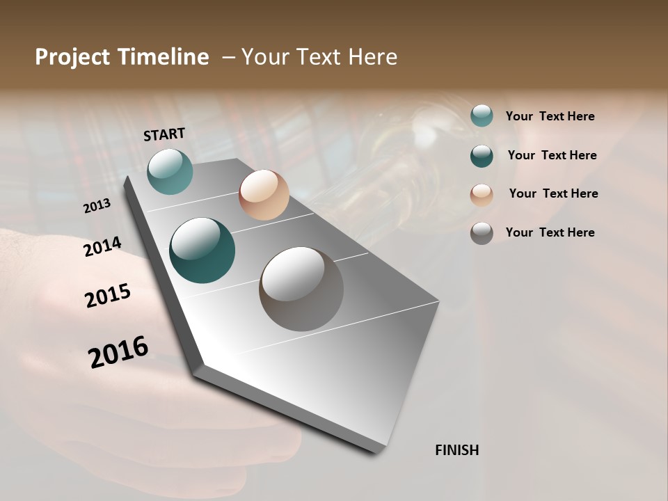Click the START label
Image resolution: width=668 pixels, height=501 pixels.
164,134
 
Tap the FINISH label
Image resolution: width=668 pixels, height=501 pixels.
456,450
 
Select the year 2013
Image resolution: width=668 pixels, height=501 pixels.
97,206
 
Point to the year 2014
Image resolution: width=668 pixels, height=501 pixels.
103,247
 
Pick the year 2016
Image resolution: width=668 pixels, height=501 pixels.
118,352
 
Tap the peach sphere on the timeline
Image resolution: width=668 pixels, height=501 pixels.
264,195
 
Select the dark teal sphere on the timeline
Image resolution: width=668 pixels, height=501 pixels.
202,250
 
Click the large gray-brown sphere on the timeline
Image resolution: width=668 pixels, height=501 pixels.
301,289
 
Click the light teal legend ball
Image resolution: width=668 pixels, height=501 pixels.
482,116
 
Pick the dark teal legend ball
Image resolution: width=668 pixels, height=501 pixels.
482,156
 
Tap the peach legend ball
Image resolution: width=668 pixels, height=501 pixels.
482,194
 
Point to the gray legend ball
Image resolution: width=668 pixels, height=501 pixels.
482,233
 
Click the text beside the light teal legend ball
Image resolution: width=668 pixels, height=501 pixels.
550,117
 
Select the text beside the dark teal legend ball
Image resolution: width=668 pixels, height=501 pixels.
552,155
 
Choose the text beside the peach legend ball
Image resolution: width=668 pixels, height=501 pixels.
553,193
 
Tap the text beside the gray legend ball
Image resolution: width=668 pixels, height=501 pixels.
550,232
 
